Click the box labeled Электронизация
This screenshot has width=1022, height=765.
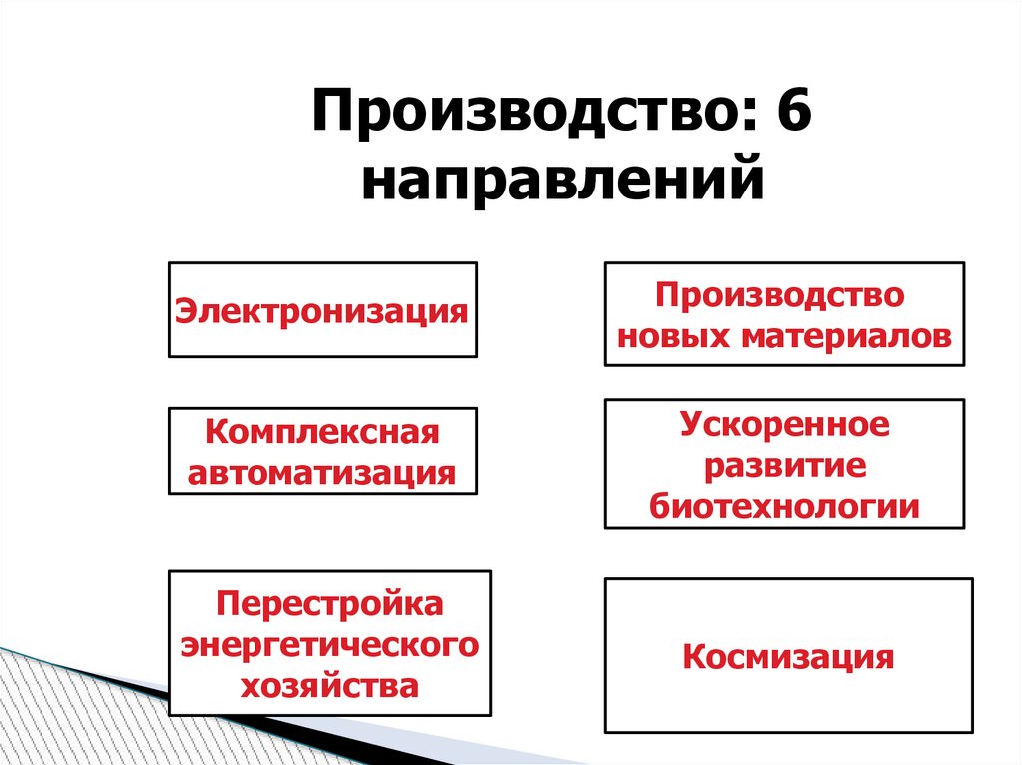321,310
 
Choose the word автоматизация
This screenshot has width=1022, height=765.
321,472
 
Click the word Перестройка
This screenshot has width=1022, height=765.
329,604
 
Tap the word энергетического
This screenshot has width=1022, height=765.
329,645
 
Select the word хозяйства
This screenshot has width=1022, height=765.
329,686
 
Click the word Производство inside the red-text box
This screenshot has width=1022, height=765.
783,296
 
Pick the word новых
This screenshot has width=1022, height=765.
674,336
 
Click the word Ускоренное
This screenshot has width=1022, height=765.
783,425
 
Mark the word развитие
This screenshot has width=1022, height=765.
783,466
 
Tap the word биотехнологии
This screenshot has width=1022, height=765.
783,507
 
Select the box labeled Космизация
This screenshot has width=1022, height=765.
788,657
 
